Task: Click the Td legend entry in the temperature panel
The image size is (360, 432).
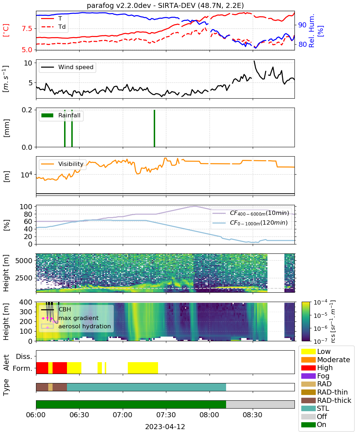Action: [x=53, y=27]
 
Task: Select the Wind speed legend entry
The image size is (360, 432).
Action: [x=67, y=67]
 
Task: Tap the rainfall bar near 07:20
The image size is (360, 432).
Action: [x=154, y=128]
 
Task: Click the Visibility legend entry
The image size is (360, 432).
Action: [x=62, y=164]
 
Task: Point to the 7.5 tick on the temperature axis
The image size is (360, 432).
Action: [x=27, y=28]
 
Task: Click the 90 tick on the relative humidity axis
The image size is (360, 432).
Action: [x=302, y=25]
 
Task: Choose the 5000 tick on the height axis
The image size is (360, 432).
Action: [x=24, y=261]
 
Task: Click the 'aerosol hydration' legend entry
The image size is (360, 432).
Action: [x=76, y=326]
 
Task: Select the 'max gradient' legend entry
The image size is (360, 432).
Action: [x=70, y=318]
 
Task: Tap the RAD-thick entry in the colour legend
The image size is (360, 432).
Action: [x=326, y=400]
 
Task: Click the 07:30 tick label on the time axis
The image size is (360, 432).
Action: [x=166, y=415]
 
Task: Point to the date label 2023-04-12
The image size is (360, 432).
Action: [x=165, y=427]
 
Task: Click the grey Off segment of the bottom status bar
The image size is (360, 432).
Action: [x=260, y=405]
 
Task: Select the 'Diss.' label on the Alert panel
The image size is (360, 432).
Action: [x=24, y=356]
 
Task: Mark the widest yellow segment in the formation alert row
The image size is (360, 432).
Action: [x=143, y=368]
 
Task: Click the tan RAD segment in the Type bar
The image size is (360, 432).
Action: [x=50, y=387]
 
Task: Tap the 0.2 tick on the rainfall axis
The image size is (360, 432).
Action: [x=27, y=110]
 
